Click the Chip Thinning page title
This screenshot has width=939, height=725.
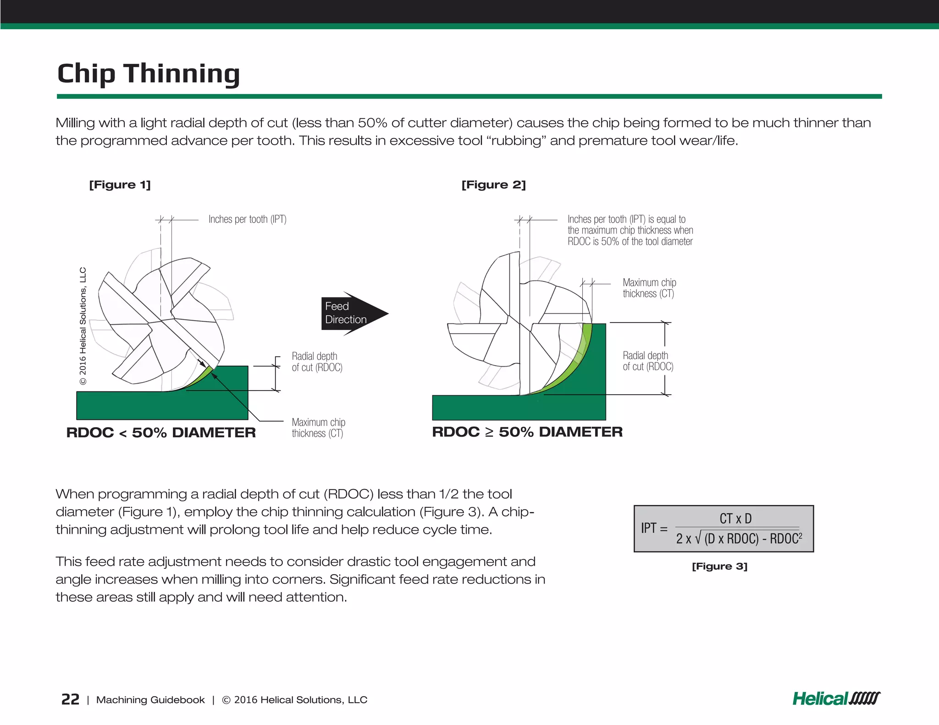coord(148,73)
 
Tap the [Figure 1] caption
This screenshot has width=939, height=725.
coord(120,185)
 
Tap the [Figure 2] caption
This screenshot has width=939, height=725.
coord(493,185)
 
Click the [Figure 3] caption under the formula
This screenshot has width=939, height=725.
coord(719,566)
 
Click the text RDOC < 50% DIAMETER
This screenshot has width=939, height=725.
coord(161,433)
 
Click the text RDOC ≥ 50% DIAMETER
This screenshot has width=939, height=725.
coord(527,432)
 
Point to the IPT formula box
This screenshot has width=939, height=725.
coord(723,528)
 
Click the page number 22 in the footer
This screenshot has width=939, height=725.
coord(70,699)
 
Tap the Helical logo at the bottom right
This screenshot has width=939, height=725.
coord(836,698)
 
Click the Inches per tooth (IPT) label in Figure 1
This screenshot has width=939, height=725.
coord(247,220)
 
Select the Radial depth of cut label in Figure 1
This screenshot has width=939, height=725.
coord(317,362)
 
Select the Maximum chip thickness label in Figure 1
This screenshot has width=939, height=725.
coord(318,428)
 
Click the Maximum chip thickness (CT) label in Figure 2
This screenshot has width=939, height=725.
coord(649,288)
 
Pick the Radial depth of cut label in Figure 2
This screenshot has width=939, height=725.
coord(647,361)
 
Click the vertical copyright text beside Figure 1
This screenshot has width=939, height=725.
coord(83,326)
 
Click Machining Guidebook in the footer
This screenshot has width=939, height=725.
coord(150,700)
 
